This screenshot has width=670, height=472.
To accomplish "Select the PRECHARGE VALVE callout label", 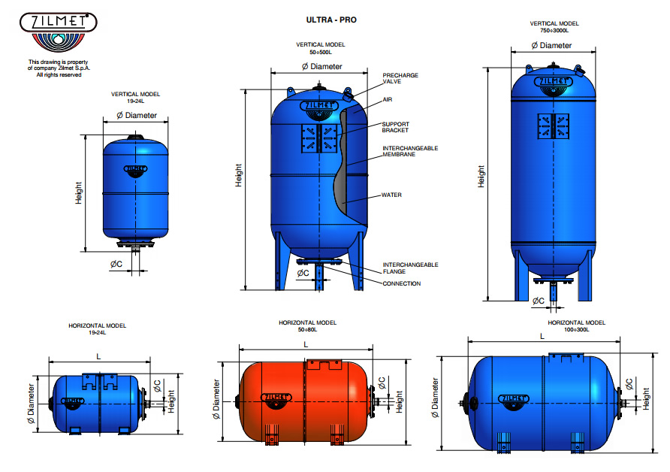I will coord(400,78).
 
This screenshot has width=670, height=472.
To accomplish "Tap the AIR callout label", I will coord(388,99).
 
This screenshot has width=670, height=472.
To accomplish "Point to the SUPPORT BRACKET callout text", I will coord(396,127).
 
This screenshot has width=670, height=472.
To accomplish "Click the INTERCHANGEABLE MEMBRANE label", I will coord(410,151).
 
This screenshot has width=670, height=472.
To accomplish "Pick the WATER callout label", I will coord(392,195).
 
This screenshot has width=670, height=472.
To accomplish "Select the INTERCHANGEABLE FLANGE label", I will coord(410,268).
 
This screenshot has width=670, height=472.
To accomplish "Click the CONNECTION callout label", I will coord(402,284).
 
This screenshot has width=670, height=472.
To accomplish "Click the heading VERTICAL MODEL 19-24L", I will coord(136,97).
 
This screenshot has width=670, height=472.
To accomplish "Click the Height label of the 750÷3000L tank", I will coord(481,177).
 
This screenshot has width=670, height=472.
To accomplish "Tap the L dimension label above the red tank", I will coord(306,343).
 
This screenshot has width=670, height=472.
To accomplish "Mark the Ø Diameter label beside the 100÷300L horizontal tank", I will coord(436,398).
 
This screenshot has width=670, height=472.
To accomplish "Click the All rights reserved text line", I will coord(59,74).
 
